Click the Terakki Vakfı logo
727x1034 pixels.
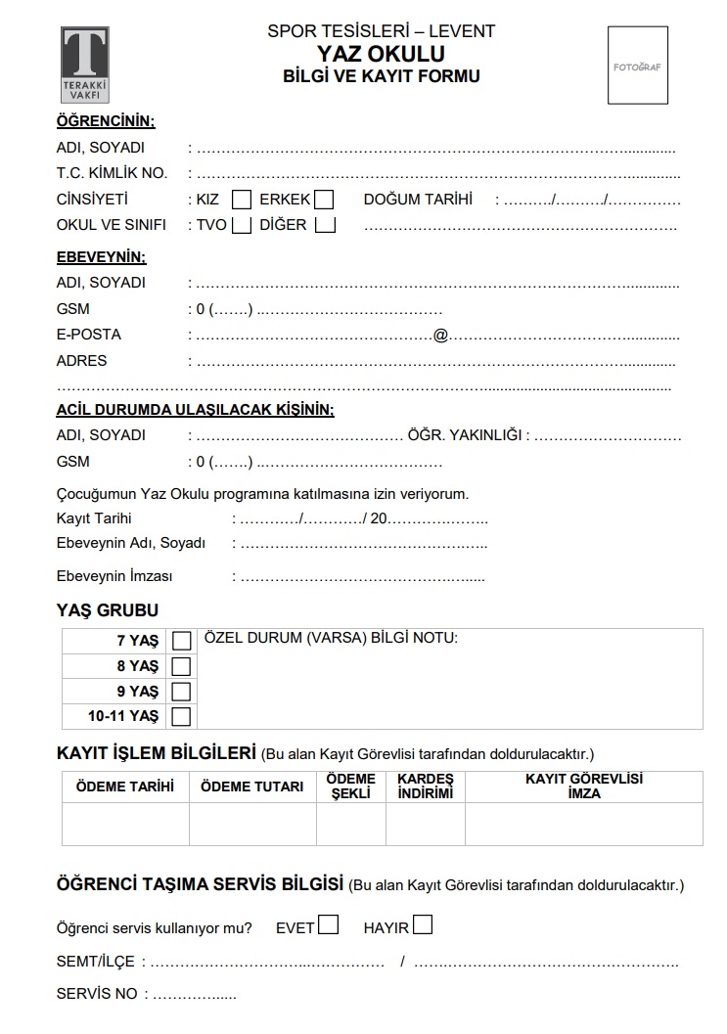point(84,66)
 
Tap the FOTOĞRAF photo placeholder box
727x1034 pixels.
point(638,66)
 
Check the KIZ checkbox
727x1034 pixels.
point(242,200)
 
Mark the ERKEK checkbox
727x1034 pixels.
point(324,200)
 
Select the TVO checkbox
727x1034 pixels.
point(242,225)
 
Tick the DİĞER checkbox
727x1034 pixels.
point(326,225)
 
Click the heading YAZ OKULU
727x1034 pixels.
point(382,54)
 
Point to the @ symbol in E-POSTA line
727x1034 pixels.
point(440,335)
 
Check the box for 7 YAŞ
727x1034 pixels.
point(181,641)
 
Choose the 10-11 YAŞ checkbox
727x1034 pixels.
point(181,717)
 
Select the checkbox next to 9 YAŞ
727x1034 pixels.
point(181,692)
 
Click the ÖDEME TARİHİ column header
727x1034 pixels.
point(125,787)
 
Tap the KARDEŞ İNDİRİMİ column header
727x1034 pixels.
point(426,787)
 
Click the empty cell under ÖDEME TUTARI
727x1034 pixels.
point(252,824)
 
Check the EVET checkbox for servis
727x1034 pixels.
point(329,924)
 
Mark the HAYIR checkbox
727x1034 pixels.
point(423,924)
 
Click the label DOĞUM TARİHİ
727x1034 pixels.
point(418,200)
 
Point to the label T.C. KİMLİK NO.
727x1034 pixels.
point(112,173)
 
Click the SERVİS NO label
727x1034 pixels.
point(97,994)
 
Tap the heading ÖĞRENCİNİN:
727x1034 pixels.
point(106,121)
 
